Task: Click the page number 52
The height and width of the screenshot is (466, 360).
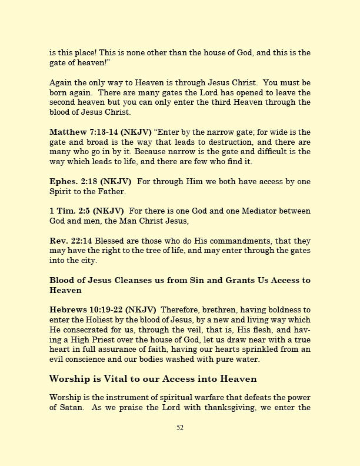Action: click(180, 428)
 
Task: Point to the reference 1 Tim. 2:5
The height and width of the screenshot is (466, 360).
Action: click(68, 211)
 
